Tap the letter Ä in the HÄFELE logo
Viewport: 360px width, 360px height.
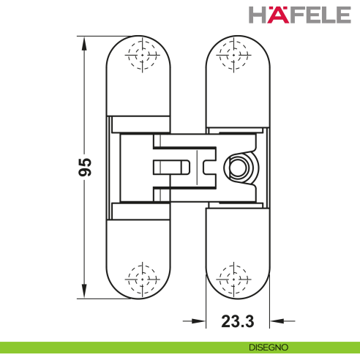pos(266,15)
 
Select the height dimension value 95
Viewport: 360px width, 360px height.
pos(85,168)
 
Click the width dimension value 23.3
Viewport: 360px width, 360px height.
pos(238,320)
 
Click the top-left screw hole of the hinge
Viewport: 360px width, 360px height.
pos(141,54)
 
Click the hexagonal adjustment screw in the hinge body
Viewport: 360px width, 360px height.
pos(238,168)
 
